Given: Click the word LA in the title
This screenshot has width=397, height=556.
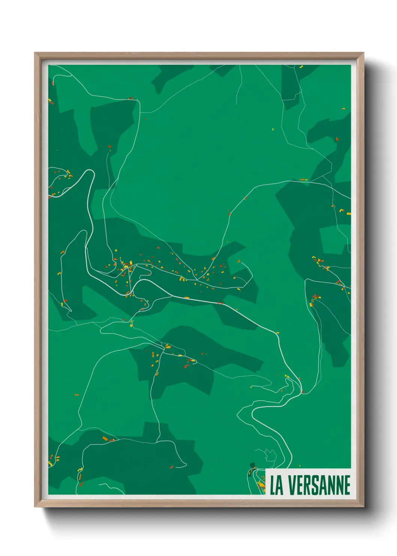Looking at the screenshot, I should click(x=276, y=485).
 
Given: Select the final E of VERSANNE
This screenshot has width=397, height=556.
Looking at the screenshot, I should click(x=347, y=485).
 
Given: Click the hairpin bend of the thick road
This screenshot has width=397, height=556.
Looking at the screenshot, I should click(x=90, y=172).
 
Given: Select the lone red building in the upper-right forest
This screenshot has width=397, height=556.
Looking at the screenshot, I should click(x=337, y=139).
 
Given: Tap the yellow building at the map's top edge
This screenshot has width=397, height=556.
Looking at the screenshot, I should click(x=301, y=67).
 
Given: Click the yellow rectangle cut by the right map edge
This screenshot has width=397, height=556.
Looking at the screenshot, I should click(x=349, y=214).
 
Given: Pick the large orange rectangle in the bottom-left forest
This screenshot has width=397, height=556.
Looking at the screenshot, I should click(x=105, y=438).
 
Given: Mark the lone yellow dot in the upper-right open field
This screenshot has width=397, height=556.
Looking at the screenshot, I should click(x=273, y=130).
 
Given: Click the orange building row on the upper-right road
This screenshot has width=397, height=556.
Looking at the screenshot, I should click(x=303, y=180).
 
